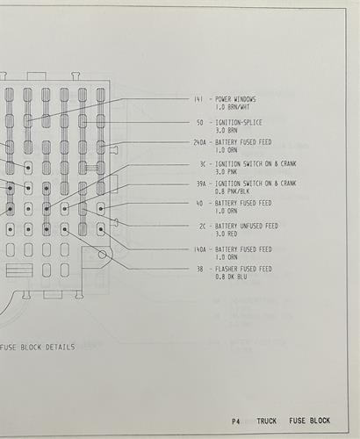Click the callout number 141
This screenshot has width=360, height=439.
pos(198,99)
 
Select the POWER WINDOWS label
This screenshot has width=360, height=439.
pos(235,99)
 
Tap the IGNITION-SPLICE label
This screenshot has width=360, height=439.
pos(239,122)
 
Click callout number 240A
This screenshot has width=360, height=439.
pos(199,142)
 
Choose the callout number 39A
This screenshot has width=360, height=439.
pos(201,184)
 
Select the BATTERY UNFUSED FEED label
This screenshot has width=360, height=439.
pos(246,226)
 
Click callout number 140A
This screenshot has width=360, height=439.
pos(200,249)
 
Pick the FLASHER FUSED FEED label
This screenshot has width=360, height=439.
pos(243,269)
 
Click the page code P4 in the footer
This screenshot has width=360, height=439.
pos(235,421)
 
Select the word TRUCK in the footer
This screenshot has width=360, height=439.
pos(267,421)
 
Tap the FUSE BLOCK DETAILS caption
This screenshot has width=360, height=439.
pos(37,348)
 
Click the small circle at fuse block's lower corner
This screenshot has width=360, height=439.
pos(102,255)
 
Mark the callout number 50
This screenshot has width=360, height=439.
pos(199,123)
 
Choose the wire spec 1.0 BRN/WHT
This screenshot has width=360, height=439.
pos(233,107)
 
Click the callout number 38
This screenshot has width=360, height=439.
pos(200,269)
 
